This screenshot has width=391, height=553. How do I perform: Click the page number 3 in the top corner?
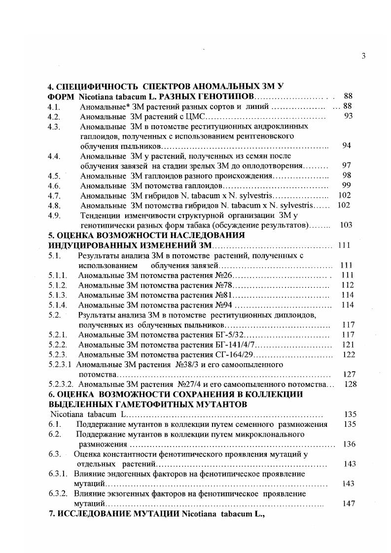[x=363, y=56]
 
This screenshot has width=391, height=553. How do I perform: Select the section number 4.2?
[x=54, y=117]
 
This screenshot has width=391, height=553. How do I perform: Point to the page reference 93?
[x=348, y=116]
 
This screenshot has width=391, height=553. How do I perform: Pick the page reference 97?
[x=346, y=166]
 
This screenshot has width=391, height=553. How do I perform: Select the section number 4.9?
[x=54, y=215]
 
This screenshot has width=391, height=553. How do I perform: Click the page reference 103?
[x=346, y=225]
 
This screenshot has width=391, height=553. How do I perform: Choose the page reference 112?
[x=348, y=285]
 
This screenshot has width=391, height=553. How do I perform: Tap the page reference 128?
[x=350, y=384]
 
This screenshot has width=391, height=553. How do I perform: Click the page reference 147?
[x=348, y=504]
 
